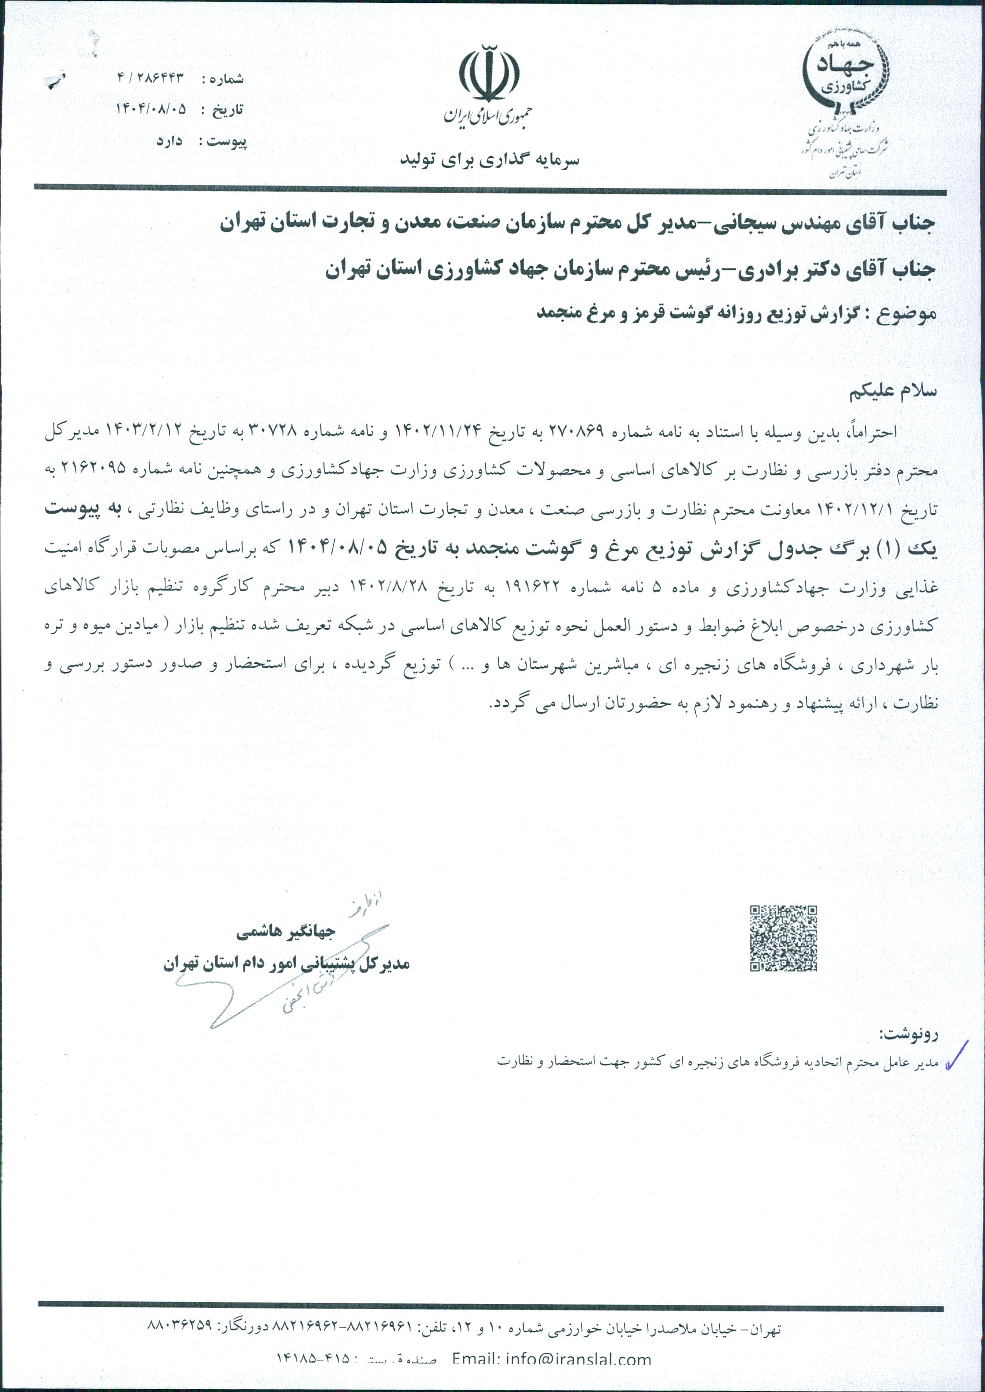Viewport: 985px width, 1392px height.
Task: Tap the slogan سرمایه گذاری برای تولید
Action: [489, 160]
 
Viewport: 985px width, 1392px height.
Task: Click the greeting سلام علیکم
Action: [893, 391]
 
